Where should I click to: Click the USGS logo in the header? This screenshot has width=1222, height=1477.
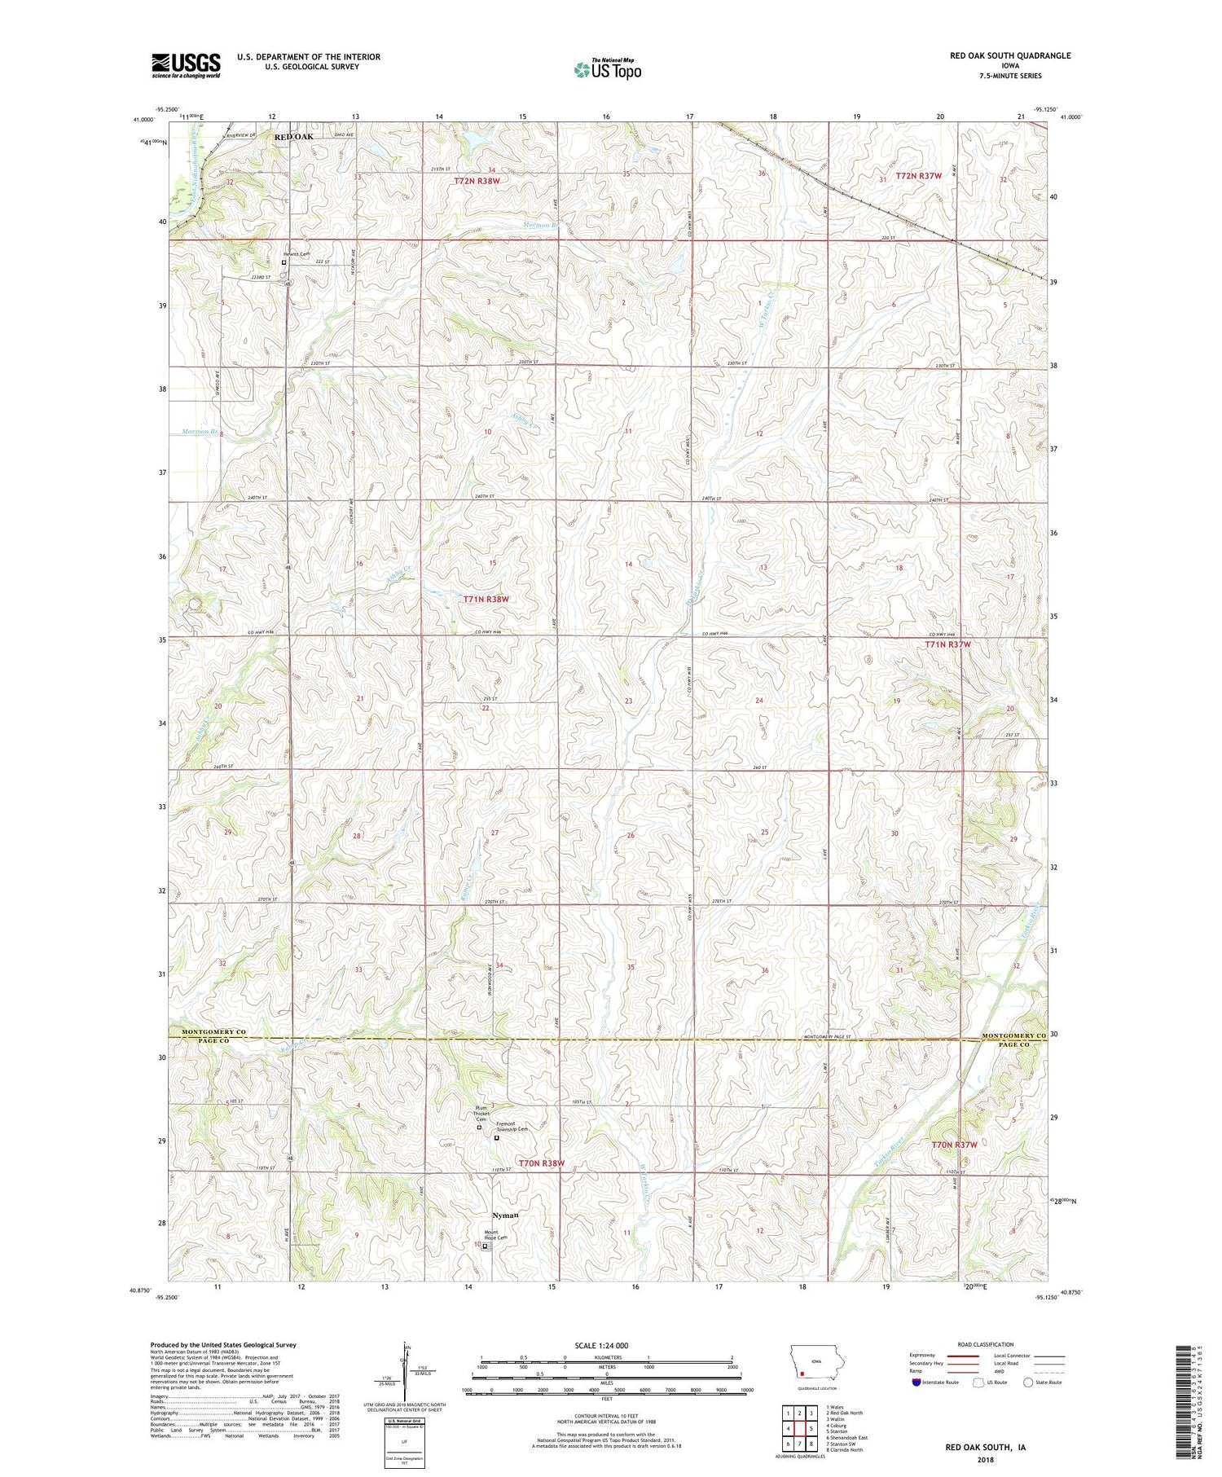[186, 65]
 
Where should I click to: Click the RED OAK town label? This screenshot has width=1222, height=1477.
[293, 137]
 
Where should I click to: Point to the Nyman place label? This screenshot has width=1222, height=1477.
[506, 1215]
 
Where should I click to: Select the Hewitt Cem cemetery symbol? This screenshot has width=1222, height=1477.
[284, 263]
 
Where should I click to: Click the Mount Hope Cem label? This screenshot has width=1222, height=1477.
[495, 1235]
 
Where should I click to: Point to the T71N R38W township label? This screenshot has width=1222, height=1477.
[486, 599]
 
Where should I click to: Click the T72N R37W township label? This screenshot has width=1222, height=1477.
[918, 176]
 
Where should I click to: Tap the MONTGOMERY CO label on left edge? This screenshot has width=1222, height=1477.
[213, 1033]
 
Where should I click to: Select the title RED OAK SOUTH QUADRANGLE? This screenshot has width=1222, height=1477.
[1009, 55]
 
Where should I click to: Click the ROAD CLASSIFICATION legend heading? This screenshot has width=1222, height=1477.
[986, 1344]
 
